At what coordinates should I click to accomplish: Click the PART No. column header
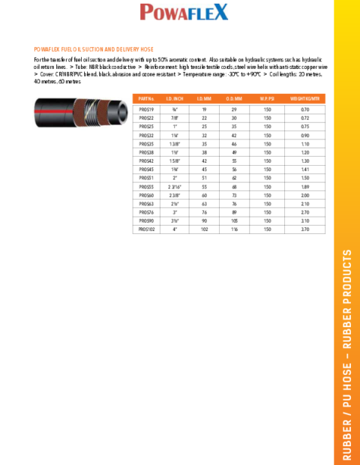pos(146,98)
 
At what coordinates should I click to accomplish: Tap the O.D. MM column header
pos(234,98)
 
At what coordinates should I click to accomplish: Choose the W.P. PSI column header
pos(267,98)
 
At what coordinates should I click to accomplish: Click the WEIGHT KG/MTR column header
pos(304,98)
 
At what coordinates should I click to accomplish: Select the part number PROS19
pos(146,109)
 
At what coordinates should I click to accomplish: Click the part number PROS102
pos(147,229)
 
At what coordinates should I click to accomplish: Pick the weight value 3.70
pos(304,229)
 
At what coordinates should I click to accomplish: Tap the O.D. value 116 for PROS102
pos(234,229)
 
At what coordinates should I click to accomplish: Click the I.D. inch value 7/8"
pos(174,118)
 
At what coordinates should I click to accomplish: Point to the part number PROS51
pos(146,178)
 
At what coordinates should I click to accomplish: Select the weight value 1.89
pos(304,187)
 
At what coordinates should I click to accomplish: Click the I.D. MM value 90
pos(204,221)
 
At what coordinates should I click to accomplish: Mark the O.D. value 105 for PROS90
pos(234,221)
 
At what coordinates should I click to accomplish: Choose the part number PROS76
pos(146,212)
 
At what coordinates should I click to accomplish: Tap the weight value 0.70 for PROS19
pos(304,109)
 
